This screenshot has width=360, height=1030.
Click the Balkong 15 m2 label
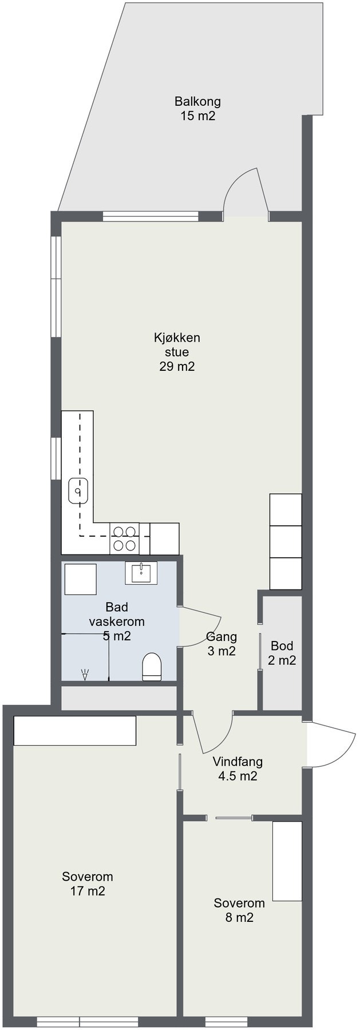197,109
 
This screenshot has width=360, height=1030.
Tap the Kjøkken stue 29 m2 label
177,352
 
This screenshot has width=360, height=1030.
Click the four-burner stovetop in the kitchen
124,538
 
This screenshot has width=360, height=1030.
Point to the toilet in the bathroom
152,667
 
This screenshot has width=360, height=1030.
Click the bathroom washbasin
141,572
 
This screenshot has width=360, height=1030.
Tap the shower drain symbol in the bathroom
85,675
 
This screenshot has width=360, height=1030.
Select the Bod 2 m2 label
282,653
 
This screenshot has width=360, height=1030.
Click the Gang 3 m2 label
221,644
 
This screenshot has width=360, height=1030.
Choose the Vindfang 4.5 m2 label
238,769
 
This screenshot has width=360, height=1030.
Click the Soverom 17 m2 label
88,884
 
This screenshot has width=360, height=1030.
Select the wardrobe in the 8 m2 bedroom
287,861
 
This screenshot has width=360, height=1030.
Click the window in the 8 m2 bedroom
226,1023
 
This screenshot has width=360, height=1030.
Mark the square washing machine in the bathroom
80,579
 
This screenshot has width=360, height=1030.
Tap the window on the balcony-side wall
151,216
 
